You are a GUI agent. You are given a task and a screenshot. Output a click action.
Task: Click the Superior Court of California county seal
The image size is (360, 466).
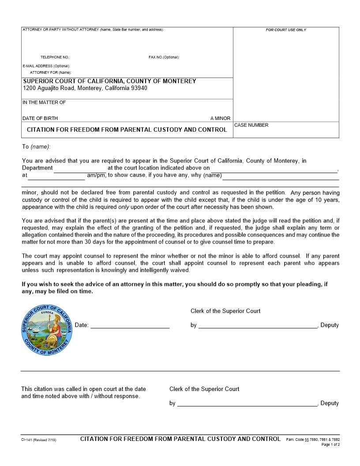(x=47, y=330)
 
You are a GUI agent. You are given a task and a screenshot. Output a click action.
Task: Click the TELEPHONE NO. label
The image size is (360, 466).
(x=55, y=57)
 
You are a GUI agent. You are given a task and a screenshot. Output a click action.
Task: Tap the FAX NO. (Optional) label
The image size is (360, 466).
(x=164, y=57)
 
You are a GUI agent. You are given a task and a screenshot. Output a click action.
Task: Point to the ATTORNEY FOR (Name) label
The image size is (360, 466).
(x=51, y=72)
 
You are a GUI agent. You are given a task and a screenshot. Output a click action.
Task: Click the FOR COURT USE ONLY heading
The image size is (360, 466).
(x=286, y=30)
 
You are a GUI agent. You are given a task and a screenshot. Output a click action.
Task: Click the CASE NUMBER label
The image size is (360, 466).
(x=251, y=125)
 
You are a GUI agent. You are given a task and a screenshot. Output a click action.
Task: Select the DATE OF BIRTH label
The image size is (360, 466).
(x=40, y=118)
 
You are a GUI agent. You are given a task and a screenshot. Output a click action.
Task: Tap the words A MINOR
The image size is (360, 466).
(x=220, y=118)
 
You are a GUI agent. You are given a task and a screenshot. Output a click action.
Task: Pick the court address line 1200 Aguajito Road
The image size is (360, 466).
(x=85, y=88)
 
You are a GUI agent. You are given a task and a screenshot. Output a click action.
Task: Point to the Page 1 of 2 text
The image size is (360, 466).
(x=330, y=445)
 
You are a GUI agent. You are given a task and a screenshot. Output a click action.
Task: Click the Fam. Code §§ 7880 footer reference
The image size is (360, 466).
(x=313, y=440)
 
